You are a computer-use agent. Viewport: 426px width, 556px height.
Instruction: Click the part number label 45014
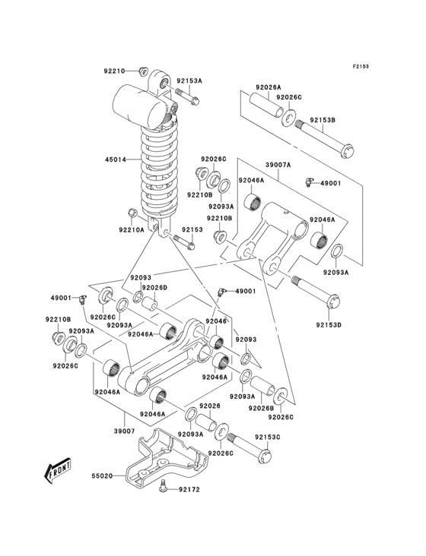point(116,160)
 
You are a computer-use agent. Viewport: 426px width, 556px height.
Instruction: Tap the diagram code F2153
point(360,67)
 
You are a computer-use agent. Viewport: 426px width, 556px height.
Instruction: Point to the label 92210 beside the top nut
point(115,71)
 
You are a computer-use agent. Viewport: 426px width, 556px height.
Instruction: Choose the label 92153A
point(189,80)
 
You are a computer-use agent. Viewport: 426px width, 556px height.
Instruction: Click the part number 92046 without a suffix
point(215,321)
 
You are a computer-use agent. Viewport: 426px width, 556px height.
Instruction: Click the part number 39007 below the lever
point(124,431)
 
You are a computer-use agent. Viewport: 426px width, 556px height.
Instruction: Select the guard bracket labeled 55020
point(164,460)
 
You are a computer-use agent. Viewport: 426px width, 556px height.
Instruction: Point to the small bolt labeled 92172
point(163,489)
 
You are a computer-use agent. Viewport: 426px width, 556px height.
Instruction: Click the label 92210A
point(132,229)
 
